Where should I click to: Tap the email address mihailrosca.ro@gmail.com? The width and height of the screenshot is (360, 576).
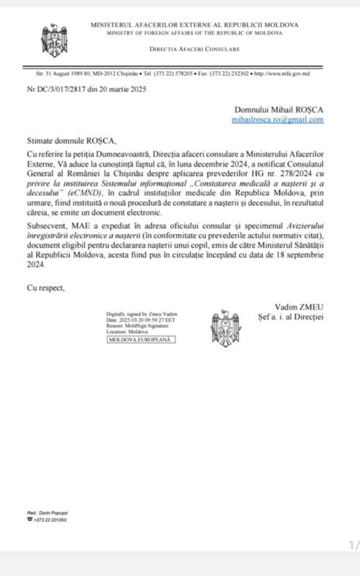[278, 120]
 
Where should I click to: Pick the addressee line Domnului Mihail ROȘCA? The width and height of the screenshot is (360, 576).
[279, 109]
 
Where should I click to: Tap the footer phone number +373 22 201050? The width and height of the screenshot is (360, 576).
[48, 519]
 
